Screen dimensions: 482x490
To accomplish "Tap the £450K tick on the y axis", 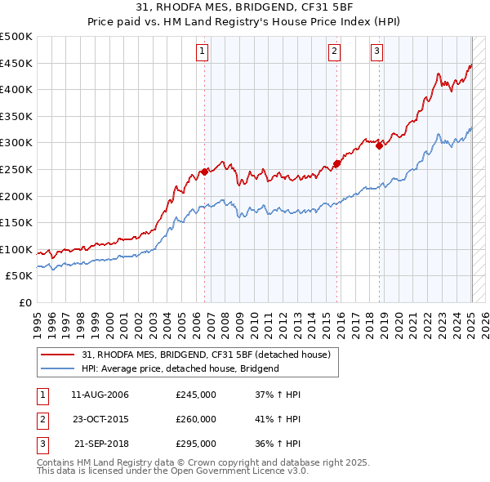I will (x=16, y=63).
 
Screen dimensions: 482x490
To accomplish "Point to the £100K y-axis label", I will (x=16, y=249).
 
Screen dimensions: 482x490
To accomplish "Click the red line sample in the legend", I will (x=58, y=355).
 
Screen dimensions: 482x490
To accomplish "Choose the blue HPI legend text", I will (x=180, y=368).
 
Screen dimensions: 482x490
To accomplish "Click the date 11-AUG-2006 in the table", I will (x=100, y=395).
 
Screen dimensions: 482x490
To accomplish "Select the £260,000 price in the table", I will (x=196, y=419).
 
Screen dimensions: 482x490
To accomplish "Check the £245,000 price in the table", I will (x=196, y=395).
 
